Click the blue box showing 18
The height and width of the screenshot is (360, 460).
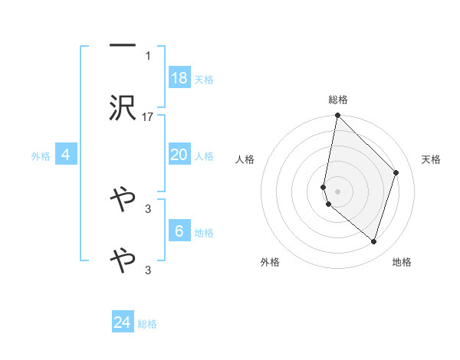click(179, 78)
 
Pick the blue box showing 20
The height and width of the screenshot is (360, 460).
click(179, 155)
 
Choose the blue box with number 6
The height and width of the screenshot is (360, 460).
click(179, 231)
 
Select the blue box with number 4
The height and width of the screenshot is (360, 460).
click(66, 155)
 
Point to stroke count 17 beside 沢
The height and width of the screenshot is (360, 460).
click(148, 116)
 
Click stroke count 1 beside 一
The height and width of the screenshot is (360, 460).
click(148, 55)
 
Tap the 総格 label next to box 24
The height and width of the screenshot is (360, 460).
click(147, 324)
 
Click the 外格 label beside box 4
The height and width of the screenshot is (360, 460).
click(41, 156)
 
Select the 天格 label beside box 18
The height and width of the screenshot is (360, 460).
click(204, 80)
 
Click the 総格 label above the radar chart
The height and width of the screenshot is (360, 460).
click(338, 100)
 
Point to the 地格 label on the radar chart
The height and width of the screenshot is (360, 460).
click(402, 262)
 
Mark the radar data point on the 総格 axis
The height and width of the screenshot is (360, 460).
click(338, 116)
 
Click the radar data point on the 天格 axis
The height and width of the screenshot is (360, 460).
click(396, 172)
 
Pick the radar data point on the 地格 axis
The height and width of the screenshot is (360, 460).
click(373, 241)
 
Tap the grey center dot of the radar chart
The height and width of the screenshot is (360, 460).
click(338, 191)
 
